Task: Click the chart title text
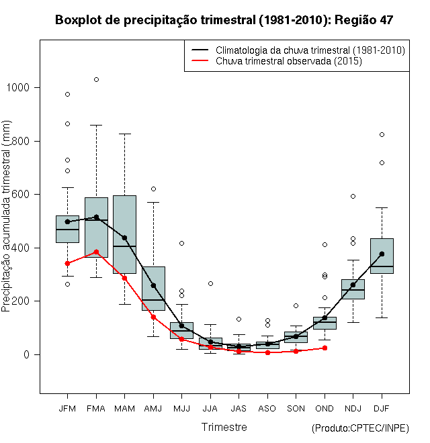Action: (224, 20)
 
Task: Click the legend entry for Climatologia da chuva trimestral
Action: (310, 50)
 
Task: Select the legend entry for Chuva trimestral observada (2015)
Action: (289, 61)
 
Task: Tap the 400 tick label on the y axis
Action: (25, 248)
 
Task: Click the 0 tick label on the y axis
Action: (28, 354)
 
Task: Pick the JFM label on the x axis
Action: (67, 408)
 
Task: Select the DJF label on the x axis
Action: (381, 408)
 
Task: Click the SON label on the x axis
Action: (296, 408)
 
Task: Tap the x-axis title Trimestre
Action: (224, 427)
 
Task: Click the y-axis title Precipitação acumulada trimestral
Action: (7, 221)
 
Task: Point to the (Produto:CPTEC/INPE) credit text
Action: (360, 428)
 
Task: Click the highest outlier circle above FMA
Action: (96, 79)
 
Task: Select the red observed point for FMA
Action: (96, 252)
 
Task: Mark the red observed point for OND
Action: (325, 348)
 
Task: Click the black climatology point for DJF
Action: (382, 254)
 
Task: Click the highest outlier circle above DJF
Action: (382, 134)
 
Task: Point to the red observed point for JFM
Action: (67, 263)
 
